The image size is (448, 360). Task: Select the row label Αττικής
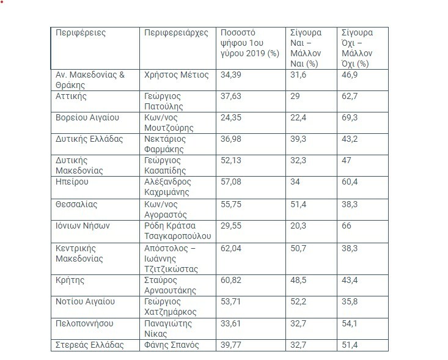click(71, 96)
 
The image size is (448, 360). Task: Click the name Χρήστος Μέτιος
click(177, 75)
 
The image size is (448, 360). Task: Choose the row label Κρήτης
click(70, 281)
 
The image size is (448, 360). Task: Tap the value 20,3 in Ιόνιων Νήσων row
click(299, 226)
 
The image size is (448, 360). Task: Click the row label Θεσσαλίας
click(76, 204)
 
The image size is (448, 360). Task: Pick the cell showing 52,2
click(299, 302)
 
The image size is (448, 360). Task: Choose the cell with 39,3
click(299, 139)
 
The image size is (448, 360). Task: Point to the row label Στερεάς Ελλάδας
click(89, 345)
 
